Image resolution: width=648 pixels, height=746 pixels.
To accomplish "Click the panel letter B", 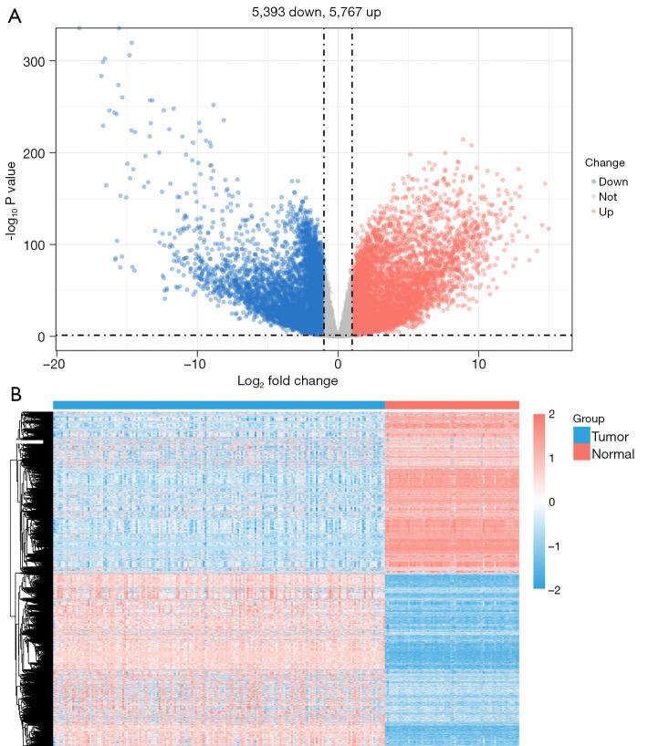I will pos(14,394).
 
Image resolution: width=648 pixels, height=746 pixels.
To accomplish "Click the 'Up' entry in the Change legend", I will pos(606,211).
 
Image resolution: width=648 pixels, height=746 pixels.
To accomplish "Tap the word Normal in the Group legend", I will pos(613,453).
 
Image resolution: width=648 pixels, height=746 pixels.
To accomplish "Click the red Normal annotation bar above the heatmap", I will pos(452,405).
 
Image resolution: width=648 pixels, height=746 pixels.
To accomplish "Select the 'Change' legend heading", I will pos(604,163).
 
